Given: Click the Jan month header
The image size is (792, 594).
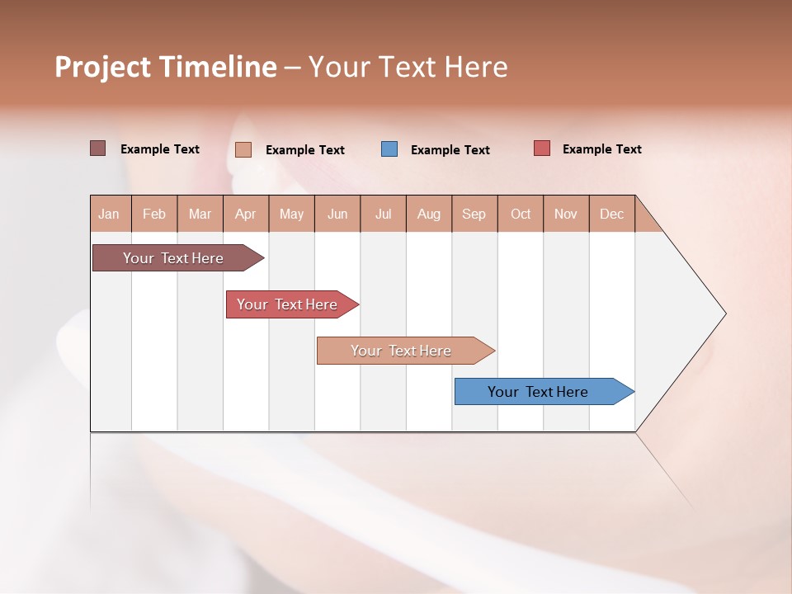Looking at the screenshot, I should tap(109, 214).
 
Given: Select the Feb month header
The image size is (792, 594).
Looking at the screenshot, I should tap(154, 214).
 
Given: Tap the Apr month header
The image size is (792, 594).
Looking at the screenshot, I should tap(245, 214).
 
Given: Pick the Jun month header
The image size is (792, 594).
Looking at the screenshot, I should tap(337, 214).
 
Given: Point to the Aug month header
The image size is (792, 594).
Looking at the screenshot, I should tap(428, 214).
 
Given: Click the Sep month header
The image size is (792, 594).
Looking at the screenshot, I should tap(474, 214).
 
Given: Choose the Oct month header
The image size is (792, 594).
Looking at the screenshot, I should tap(521, 214).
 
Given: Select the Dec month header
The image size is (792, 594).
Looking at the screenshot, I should tap(611, 214).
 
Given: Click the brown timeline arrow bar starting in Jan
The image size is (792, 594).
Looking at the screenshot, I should tap(174, 258).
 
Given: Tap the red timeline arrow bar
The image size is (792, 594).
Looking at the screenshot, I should tap(288, 304).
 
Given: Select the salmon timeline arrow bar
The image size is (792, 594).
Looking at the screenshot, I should tap(402, 351).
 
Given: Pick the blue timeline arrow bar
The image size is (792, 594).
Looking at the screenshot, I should tap(539, 392).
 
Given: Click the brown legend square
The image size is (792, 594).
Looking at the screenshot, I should tap(97, 148).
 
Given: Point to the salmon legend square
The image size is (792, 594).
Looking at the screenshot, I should tap(243, 149).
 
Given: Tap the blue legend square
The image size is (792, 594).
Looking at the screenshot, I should tap(389, 148).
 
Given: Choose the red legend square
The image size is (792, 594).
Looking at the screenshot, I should tap(541, 148).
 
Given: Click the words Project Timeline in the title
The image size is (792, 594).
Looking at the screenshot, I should tap(165, 67).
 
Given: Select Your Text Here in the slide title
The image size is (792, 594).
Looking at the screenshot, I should tap(408, 67).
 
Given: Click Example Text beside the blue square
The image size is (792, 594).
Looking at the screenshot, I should tap(450, 150).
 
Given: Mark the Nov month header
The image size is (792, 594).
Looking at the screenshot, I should tap(566, 214).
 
